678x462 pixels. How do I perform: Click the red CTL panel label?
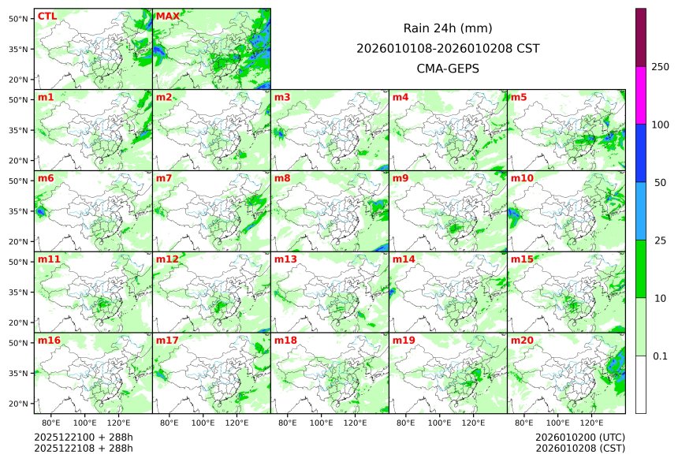click(47, 17)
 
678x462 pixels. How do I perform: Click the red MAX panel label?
click(167, 17)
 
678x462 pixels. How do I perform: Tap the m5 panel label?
click(519, 98)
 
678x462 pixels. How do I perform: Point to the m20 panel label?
click(522, 341)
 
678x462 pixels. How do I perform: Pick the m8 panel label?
click(282, 178)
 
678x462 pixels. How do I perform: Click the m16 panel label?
click(49, 341)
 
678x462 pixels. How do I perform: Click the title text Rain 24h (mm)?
click(448, 28)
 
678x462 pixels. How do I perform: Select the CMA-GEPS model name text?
click(448, 69)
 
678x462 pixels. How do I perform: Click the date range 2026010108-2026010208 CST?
click(448, 48)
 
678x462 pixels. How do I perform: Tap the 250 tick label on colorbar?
click(660, 67)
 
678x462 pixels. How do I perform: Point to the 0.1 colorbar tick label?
click(660, 356)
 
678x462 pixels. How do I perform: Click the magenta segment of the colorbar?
click(641, 95)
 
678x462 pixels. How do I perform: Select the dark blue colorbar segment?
click(641, 153)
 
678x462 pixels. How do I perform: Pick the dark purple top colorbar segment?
click(641, 37)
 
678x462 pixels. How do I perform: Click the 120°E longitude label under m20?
click(592, 423)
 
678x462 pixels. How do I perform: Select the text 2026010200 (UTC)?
click(580, 437)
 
